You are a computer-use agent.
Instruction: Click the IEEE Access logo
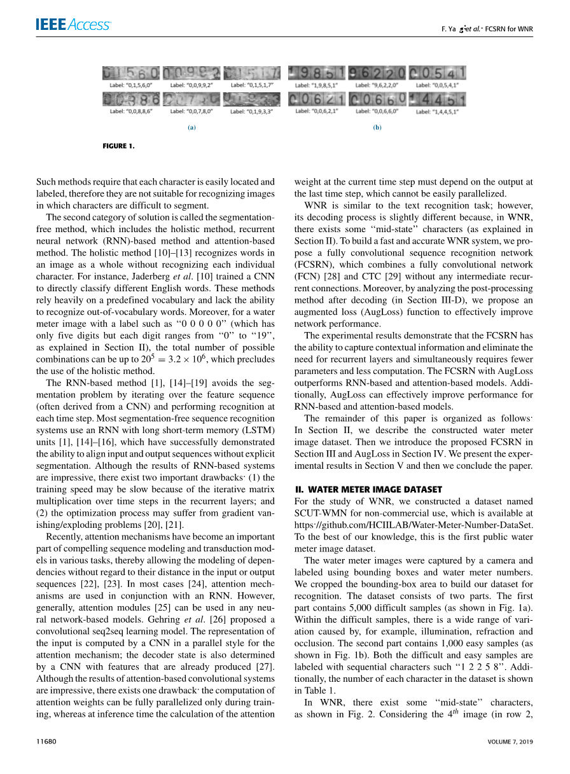coord(73,25)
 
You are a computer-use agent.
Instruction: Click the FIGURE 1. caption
coord(118,146)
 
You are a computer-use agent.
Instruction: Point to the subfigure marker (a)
coord(191,127)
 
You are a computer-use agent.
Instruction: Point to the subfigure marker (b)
coord(377,127)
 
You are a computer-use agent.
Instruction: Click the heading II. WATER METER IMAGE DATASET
coord(368,489)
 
